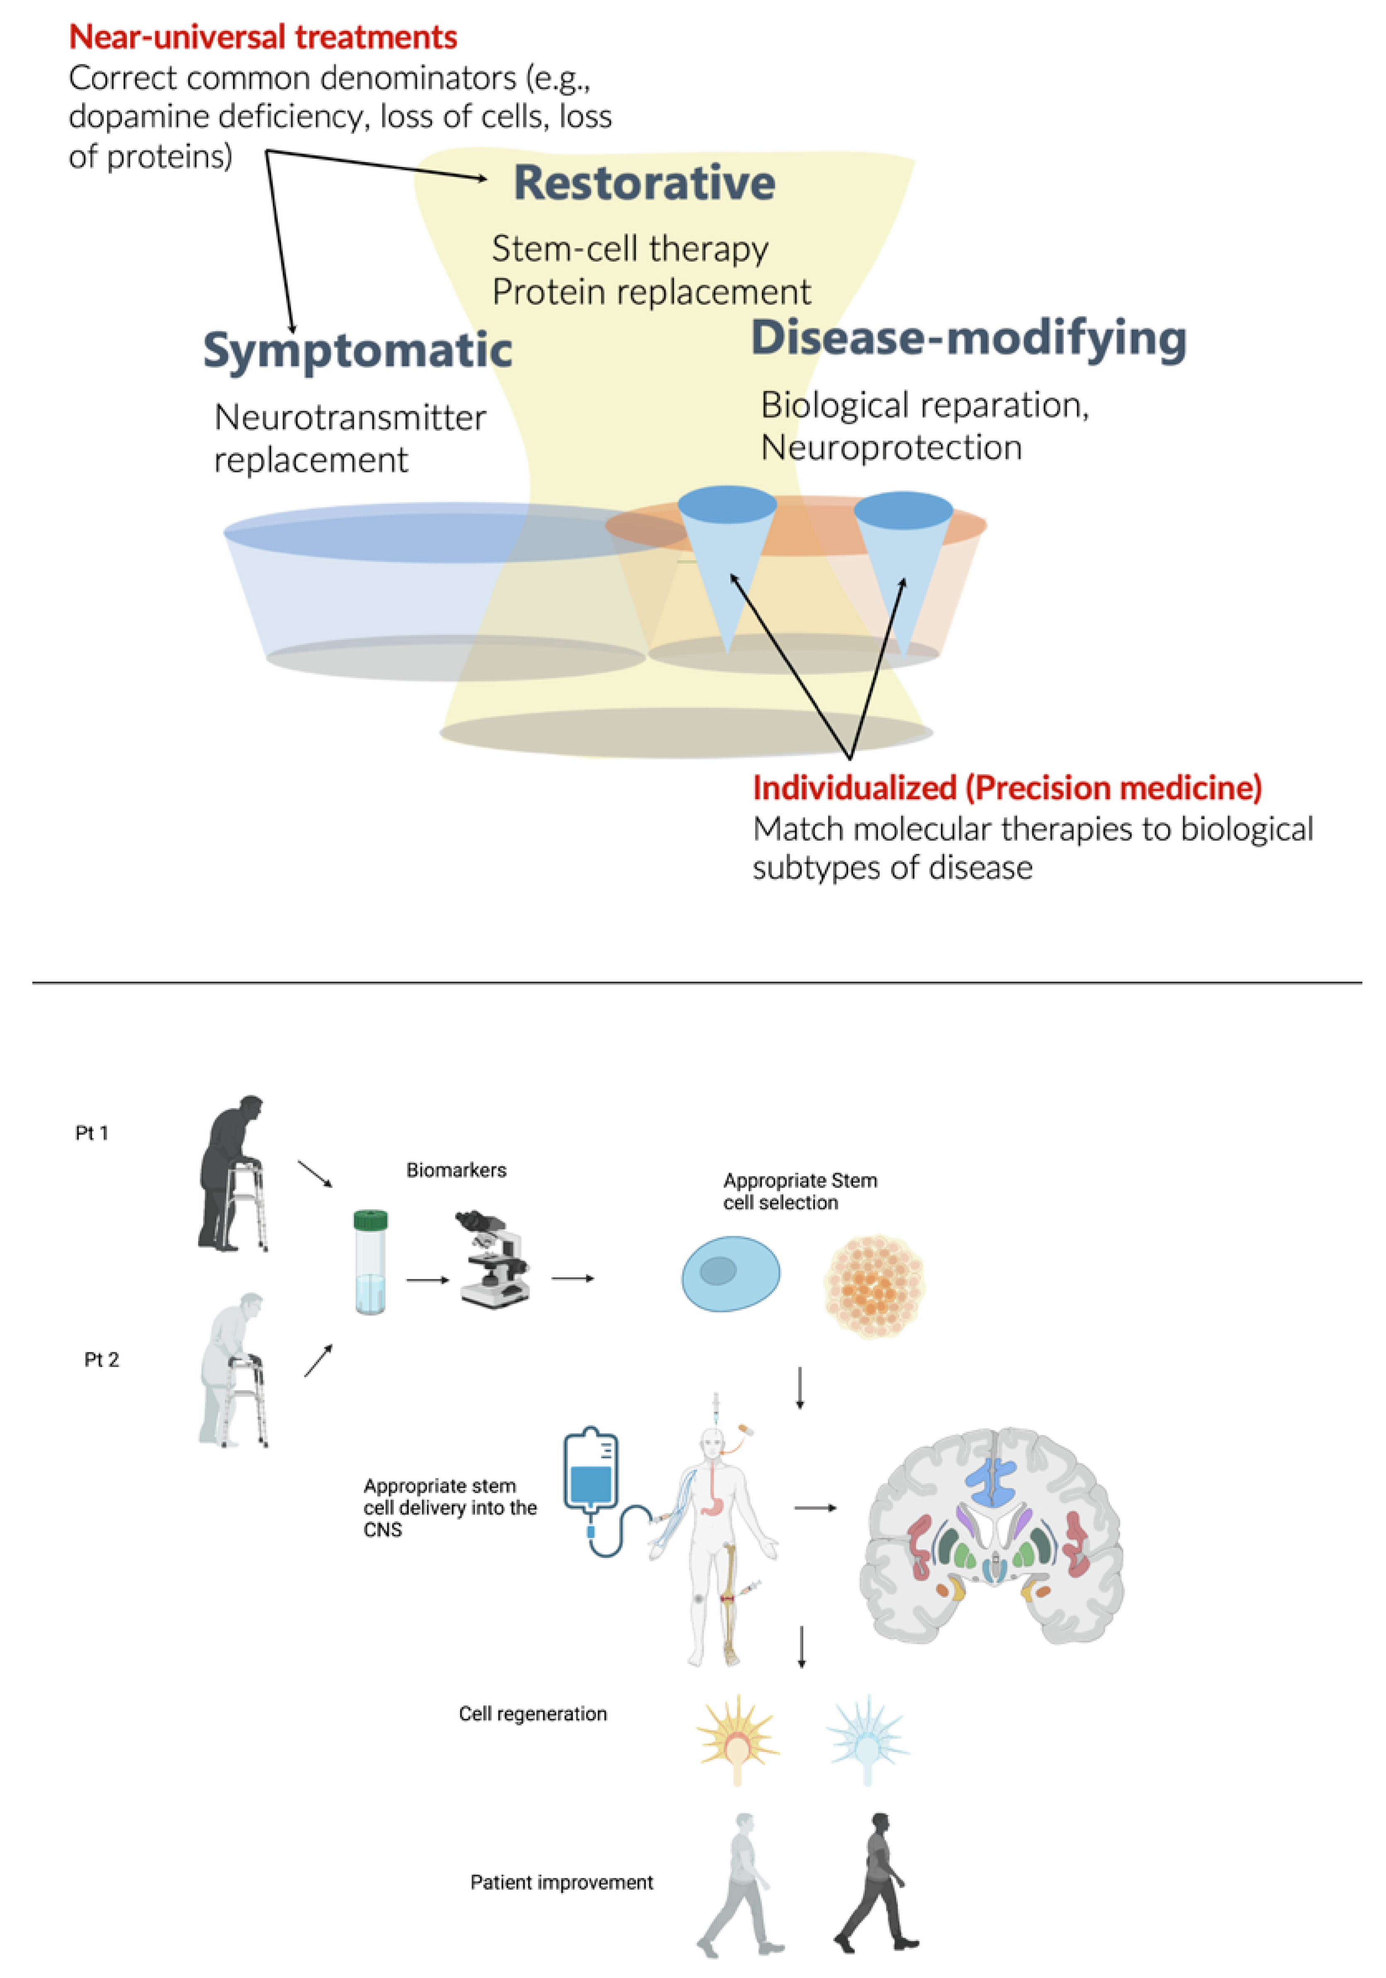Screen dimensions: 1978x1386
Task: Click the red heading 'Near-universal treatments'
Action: [263, 37]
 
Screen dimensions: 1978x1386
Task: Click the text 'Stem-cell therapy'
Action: [630, 249]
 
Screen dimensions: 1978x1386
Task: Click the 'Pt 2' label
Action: [102, 1360]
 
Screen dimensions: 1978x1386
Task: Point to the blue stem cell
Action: [730, 1273]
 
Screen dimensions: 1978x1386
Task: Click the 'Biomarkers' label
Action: [456, 1170]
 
